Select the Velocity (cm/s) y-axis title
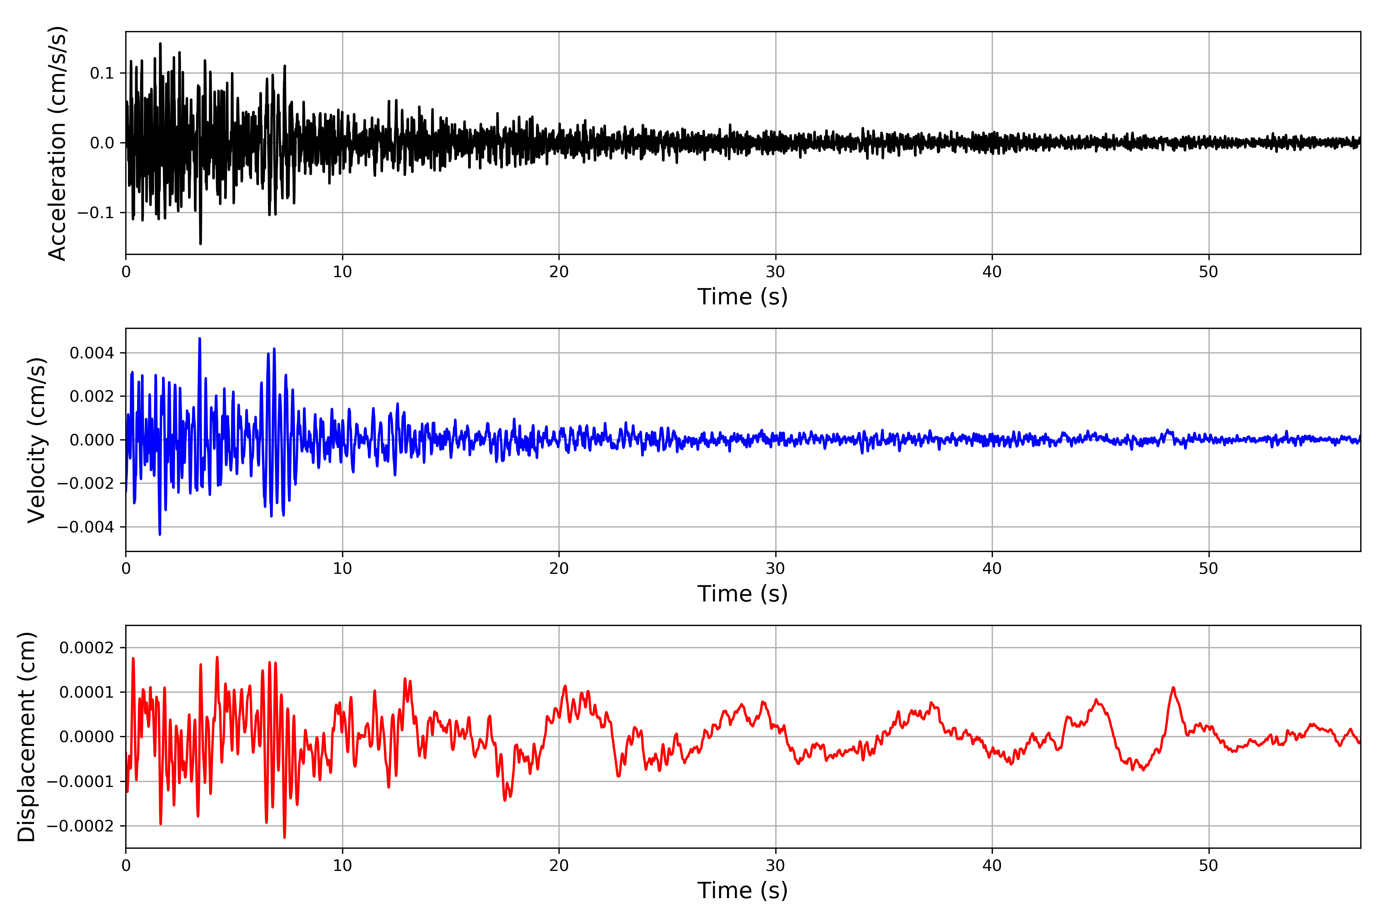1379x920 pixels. coord(37,440)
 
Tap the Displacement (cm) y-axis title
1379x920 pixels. coord(26,737)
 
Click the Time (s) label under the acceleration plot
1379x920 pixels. coord(742,297)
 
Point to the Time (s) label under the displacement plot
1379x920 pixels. coord(742,890)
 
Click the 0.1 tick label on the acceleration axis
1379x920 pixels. coord(102,73)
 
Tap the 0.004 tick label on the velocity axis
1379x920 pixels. coord(92,353)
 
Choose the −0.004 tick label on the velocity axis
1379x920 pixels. coord(85,527)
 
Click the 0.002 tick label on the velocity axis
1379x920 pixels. coord(92,397)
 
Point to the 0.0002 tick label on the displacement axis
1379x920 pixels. coord(86,648)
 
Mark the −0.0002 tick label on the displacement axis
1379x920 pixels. coord(80,826)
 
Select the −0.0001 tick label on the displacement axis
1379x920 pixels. coord(80,782)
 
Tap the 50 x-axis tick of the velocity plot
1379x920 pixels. coord(1209,568)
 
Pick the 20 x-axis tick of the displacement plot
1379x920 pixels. coord(559,866)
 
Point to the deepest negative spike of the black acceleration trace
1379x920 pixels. coord(200,243)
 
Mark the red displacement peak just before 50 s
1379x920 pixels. coord(1173,688)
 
